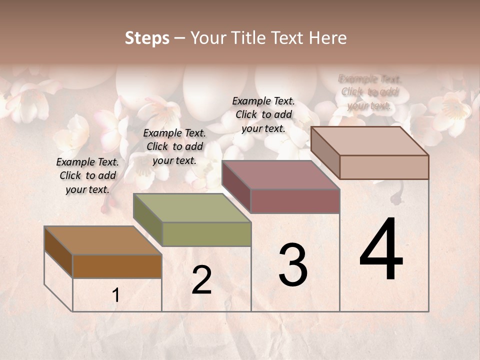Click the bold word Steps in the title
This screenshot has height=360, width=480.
coord(147,38)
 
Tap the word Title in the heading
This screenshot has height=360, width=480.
coord(250,38)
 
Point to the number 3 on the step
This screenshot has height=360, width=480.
coord(293,265)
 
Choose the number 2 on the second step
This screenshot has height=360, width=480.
coord(201,280)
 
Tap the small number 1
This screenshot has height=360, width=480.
coord(116,295)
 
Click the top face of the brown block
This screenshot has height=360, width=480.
coord(102,240)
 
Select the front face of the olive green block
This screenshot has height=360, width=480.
coord(206,234)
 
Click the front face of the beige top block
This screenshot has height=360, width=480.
coord(384,167)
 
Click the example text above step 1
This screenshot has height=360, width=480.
coord(87,175)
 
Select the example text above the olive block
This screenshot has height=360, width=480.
coord(174,146)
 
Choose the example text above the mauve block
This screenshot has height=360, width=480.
coord(263,114)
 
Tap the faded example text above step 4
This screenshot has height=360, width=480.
coord(369,92)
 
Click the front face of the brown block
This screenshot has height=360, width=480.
coord(117,266)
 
